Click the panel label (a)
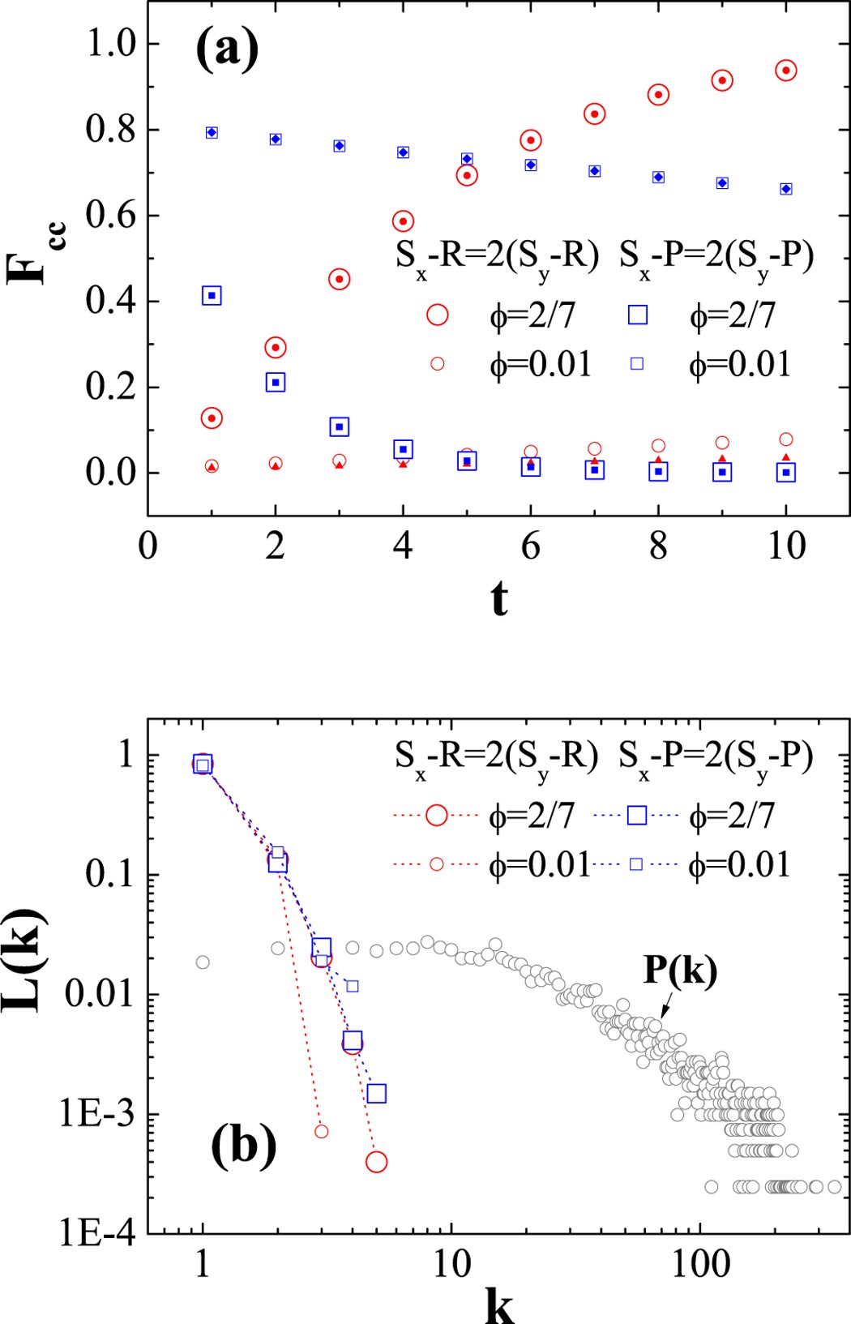[x=227, y=50]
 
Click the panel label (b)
[x=244, y=1146]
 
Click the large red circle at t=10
[x=785, y=71]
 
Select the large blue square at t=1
[x=212, y=296]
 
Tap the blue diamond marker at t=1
[x=212, y=132]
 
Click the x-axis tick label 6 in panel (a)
[x=530, y=546]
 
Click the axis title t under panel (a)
[x=499, y=599]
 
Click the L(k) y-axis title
[x=26, y=962]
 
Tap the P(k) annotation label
[x=680, y=970]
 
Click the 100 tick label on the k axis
[x=700, y=1264]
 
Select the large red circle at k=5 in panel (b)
[x=376, y=1162]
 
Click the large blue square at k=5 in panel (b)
[x=376, y=1094]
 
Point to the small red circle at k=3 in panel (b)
[x=322, y=1131]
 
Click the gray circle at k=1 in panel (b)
[x=203, y=962]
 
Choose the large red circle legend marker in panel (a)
[x=438, y=315]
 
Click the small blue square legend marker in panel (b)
[x=636, y=864]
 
